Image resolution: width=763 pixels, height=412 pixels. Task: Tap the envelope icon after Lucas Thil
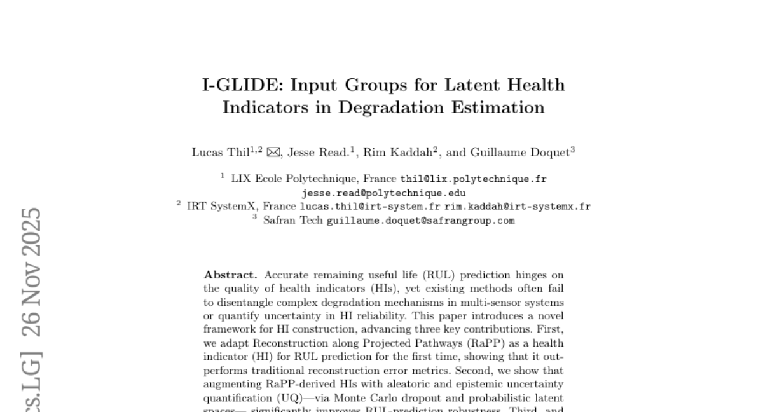(x=273, y=153)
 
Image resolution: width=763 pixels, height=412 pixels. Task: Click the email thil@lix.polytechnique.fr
(x=473, y=179)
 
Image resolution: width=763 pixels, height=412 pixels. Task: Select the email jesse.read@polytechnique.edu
(x=383, y=193)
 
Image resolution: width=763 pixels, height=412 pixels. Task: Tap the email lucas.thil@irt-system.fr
(x=370, y=207)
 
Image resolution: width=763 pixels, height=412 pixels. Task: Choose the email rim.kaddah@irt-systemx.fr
(x=518, y=207)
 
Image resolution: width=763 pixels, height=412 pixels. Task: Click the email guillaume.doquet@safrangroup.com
(x=420, y=221)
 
